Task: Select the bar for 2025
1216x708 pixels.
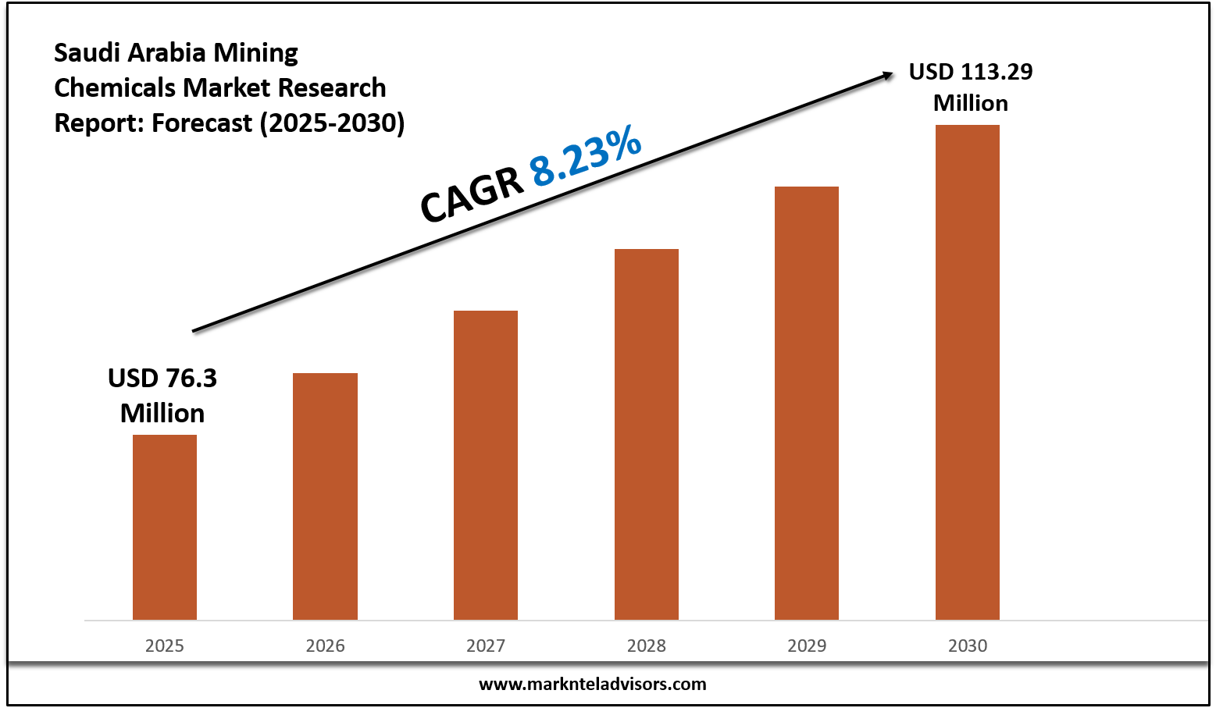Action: [x=165, y=527]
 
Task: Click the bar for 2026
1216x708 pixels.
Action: [x=325, y=496]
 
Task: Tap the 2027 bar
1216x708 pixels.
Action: [x=486, y=465]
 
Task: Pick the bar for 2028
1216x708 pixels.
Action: [x=647, y=434]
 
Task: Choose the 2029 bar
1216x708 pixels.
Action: [x=807, y=403]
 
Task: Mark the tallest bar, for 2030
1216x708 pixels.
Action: [x=968, y=372]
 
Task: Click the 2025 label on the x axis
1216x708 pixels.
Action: [x=165, y=646]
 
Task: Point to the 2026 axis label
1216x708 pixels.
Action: [x=325, y=646]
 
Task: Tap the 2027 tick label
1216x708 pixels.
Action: [x=486, y=646]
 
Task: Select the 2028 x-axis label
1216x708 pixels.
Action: [x=647, y=646]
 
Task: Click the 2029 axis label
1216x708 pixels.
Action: [x=807, y=646]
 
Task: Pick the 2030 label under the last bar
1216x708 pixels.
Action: [x=968, y=646]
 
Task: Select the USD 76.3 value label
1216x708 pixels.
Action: [x=162, y=395]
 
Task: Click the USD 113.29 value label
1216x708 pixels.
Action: [x=971, y=87]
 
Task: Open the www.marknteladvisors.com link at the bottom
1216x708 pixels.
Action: [x=592, y=685]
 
